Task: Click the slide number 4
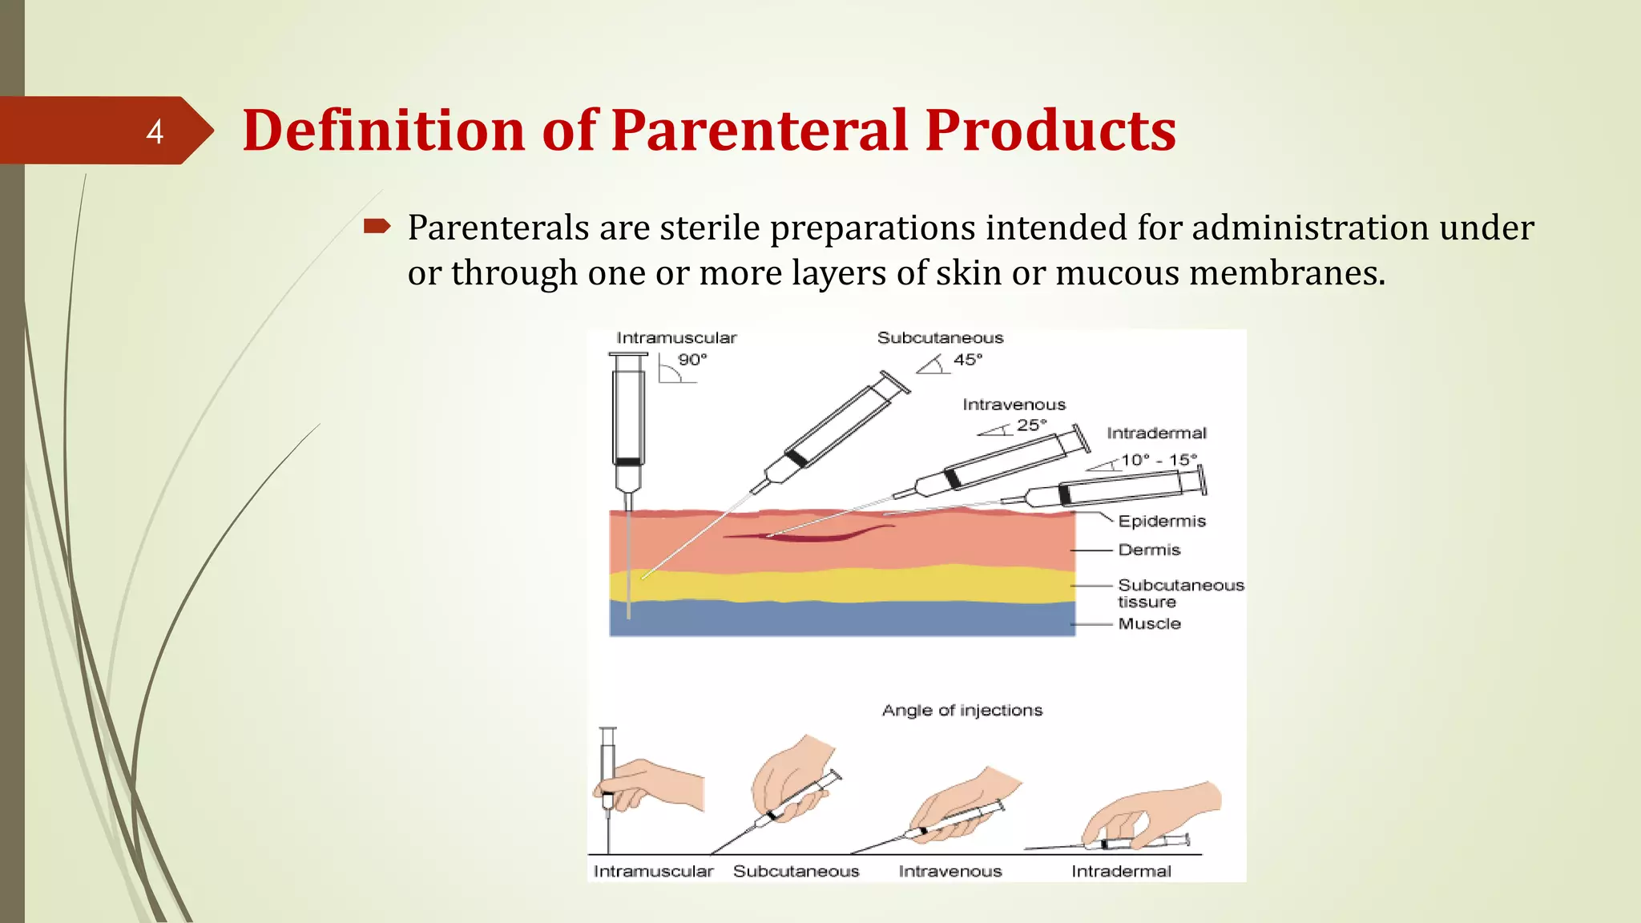(155, 131)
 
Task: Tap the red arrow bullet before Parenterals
(377, 227)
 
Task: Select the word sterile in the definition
(709, 228)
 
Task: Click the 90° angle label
(692, 360)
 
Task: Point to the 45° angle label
(967, 360)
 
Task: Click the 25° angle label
(1031, 425)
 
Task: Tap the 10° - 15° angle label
(1159, 460)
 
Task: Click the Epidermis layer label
(1161, 522)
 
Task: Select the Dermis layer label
(1149, 550)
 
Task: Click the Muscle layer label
(1149, 624)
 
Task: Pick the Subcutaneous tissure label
(1179, 594)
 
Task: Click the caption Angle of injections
(962, 711)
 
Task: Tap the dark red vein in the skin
(809, 534)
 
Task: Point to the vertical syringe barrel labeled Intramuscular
(627, 417)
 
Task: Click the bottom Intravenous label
(950, 872)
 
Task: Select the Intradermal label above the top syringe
(1155, 433)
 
